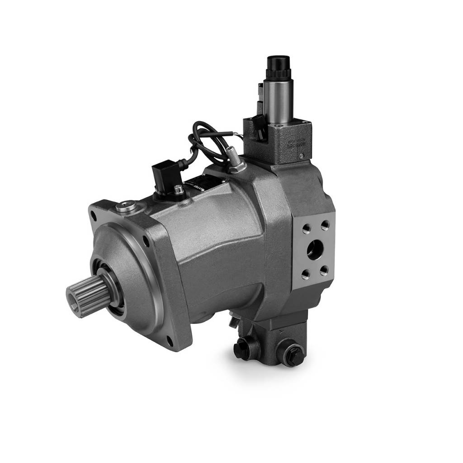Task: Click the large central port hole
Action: pyautogui.click(x=315, y=249)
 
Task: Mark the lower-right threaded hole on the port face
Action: pyautogui.click(x=324, y=270)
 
